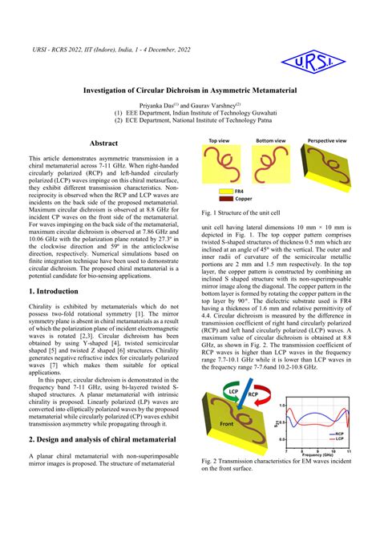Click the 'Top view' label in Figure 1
click(220, 139)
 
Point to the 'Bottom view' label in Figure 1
click(271, 139)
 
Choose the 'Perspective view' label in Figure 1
click(327, 139)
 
